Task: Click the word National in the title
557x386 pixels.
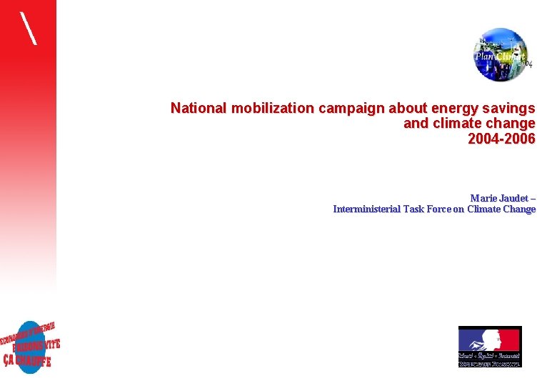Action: click(x=198, y=109)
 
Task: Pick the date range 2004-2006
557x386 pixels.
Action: click(x=501, y=139)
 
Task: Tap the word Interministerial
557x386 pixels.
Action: click(x=367, y=209)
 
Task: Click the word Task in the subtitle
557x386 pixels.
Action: click(x=415, y=209)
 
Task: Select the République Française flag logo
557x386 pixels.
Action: click(x=490, y=347)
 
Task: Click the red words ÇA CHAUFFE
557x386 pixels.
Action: click(x=27, y=359)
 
